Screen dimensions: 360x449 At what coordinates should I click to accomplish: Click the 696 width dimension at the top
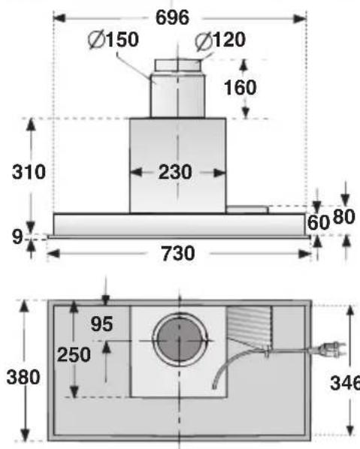[x=172, y=17]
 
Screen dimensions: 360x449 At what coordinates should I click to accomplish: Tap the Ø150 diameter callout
[x=113, y=40]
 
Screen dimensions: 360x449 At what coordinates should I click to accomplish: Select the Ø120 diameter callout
[x=220, y=40]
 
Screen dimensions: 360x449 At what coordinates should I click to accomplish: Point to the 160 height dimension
[x=240, y=87]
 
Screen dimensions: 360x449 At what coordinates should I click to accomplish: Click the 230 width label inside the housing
[x=175, y=172]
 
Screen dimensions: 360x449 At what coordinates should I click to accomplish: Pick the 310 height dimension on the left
[x=29, y=172]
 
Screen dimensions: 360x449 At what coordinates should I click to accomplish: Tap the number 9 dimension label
[x=17, y=237]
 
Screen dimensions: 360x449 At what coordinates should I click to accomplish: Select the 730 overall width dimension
[x=178, y=254]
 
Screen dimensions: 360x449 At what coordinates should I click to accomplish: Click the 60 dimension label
[x=318, y=222]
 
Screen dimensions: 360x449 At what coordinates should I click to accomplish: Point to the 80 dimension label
[x=344, y=217]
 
